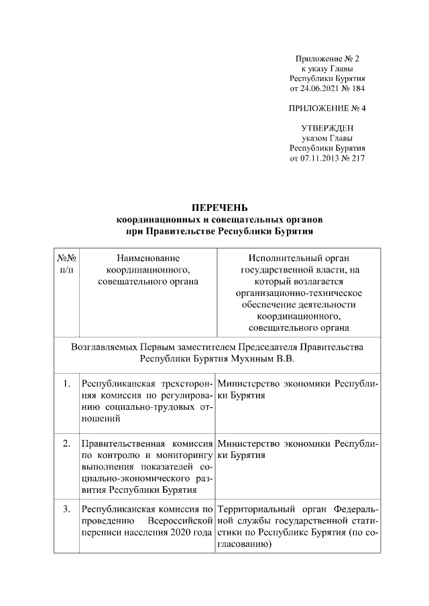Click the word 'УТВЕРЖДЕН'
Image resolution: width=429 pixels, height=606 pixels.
pyautogui.click(x=327, y=128)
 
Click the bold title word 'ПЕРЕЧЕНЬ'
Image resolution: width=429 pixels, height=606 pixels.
pyautogui.click(x=220, y=208)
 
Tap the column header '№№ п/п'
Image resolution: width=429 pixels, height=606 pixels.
pyautogui.click(x=66, y=262)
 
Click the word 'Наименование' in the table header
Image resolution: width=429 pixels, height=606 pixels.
pyautogui.click(x=148, y=256)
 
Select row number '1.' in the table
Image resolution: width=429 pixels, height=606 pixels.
pyautogui.click(x=66, y=384)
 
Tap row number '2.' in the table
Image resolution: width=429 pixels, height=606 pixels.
pyautogui.click(x=66, y=443)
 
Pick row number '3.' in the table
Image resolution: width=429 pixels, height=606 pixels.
pyautogui.click(x=66, y=509)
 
